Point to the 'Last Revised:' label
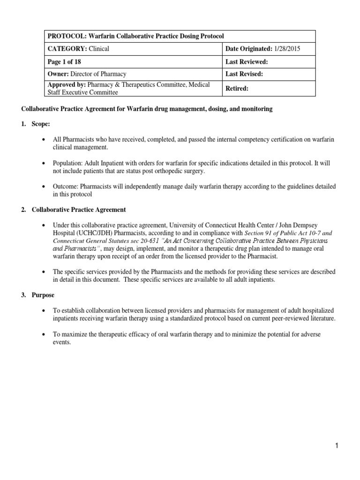244,74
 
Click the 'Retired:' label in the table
237,88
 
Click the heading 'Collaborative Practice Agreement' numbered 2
78,210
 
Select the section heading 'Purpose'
43,295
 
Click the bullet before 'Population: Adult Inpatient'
44,163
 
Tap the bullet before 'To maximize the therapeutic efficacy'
44,335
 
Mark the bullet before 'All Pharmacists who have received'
44,140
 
